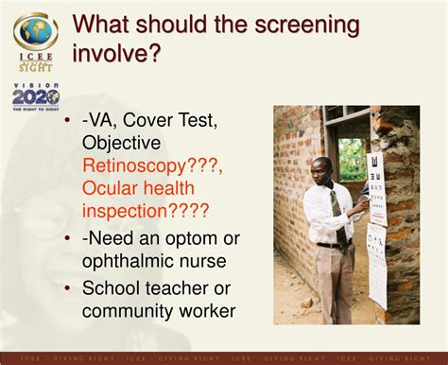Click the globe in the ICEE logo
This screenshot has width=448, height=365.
(x=35, y=30)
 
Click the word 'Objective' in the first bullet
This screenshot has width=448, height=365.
(x=121, y=144)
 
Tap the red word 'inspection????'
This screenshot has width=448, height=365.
(x=146, y=211)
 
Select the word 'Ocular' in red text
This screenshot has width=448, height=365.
(x=111, y=189)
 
